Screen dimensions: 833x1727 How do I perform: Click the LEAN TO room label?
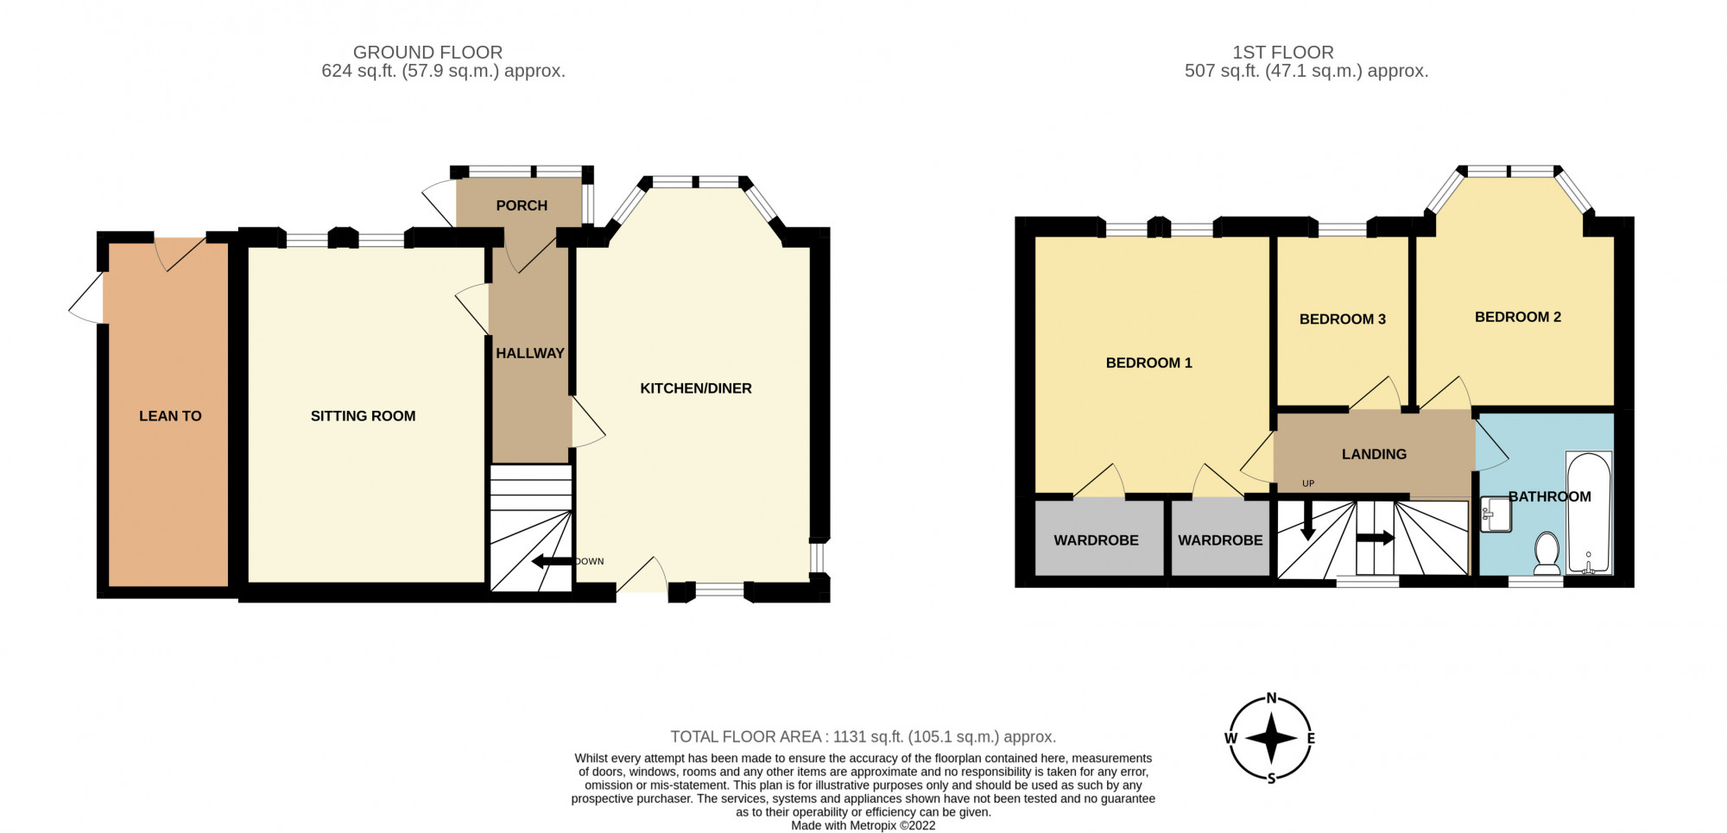170,416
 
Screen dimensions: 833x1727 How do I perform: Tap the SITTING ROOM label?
363,416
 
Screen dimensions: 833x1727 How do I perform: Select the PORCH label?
522,205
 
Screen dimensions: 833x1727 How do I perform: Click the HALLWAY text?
529,353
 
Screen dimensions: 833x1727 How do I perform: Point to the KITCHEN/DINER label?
695,388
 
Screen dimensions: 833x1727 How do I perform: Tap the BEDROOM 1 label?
1148,363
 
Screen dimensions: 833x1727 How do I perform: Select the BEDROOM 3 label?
1342,319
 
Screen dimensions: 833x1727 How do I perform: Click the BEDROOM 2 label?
1517,317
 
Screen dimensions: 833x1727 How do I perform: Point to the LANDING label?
1374,454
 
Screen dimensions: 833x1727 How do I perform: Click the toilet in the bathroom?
1547,552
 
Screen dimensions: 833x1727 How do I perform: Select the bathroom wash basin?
1496,514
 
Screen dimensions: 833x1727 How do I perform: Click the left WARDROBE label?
1096,540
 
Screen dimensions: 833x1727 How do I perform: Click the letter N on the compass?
1271,698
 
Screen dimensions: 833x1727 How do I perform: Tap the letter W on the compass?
1230,738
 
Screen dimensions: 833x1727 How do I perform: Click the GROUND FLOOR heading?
427,53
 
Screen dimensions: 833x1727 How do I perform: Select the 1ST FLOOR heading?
1282,53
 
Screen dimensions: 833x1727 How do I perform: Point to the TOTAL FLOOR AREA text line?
863,737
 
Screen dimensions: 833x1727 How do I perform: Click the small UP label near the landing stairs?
1307,483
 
